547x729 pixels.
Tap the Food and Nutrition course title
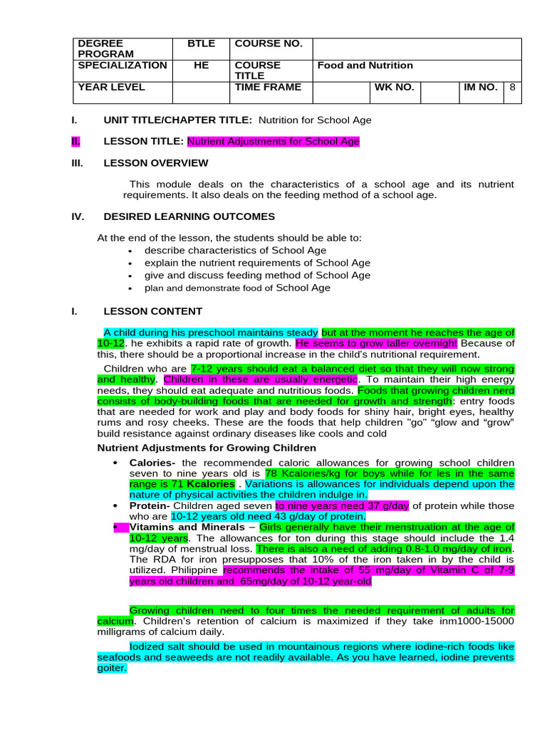365,65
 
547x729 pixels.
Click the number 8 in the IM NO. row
511,87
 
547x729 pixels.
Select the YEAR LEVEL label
111,87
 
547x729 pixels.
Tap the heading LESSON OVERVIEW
156,163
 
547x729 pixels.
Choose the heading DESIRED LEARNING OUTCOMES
189,216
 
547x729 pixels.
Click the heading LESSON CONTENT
152,311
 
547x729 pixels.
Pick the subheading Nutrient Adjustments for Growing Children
206,448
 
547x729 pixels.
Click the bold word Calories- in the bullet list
152,463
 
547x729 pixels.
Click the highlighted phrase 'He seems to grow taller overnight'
376,343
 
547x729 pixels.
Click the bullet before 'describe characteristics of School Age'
130,251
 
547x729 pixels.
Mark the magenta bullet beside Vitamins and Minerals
115,528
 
